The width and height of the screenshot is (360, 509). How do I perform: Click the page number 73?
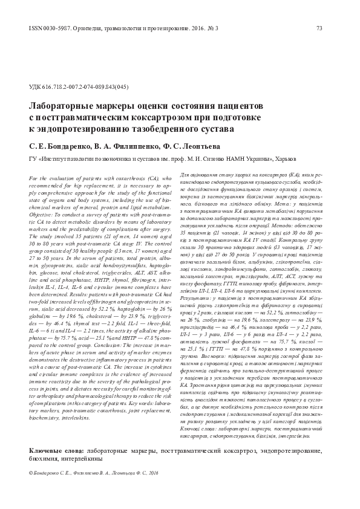(327, 28)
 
